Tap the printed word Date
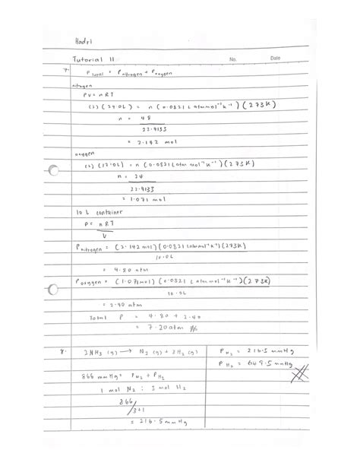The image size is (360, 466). pos(275,58)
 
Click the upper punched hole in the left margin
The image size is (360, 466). pos(52,170)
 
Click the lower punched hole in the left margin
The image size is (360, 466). pos(52,290)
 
